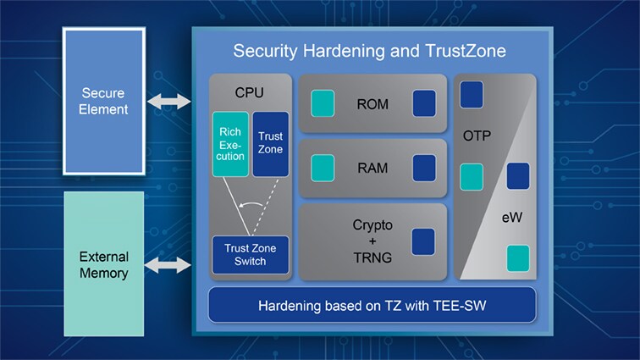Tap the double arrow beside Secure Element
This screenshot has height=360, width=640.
click(x=169, y=102)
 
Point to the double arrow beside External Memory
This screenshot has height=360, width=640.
click(x=169, y=266)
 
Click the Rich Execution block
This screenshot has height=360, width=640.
click(x=230, y=144)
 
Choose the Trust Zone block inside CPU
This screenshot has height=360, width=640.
click(x=271, y=144)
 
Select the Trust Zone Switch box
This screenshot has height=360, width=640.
click(x=251, y=254)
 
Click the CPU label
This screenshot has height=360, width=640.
click(x=250, y=90)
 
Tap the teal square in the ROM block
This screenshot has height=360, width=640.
click(x=323, y=103)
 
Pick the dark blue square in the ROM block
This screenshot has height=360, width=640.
click(x=424, y=103)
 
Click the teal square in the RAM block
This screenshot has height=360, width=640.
click(x=323, y=168)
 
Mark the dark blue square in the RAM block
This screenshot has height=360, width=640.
click(x=424, y=168)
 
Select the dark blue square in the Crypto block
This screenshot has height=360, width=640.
click(x=422, y=241)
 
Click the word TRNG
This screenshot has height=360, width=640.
click(x=372, y=258)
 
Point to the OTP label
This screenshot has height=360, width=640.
click(x=477, y=136)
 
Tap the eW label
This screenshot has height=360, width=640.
click(x=510, y=219)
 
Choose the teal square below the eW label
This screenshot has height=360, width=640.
click(x=517, y=258)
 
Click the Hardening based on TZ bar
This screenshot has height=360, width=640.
click(x=372, y=305)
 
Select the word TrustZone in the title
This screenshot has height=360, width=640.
click(x=463, y=51)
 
